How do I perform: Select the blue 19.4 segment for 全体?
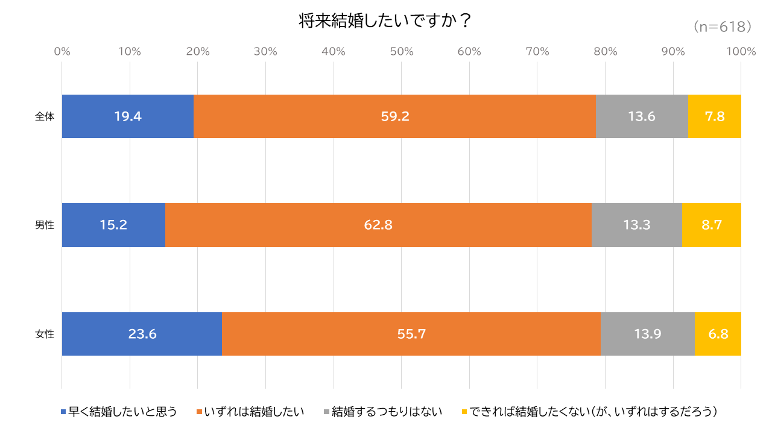pyautogui.click(x=128, y=116)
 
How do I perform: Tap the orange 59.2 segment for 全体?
pyautogui.click(x=394, y=116)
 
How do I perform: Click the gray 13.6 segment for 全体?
pyautogui.click(x=642, y=116)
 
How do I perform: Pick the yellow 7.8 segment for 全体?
pyautogui.click(x=715, y=116)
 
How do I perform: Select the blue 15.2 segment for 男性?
pyautogui.click(x=113, y=225)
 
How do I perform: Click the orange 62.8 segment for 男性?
pyautogui.click(x=378, y=225)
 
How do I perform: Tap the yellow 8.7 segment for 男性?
pyautogui.click(x=712, y=225)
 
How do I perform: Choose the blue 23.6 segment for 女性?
pyautogui.click(x=142, y=334)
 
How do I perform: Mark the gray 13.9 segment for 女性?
pyautogui.click(x=648, y=334)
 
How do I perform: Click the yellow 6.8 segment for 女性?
pyautogui.click(x=718, y=334)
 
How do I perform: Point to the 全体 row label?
pyautogui.click(x=45, y=116)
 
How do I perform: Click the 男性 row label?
pyautogui.click(x=45, y=225)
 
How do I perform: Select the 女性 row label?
pyautogui.click(x=45, y=334)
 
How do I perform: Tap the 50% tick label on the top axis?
pyautogui.click(x=401, y=52)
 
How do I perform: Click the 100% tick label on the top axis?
pyautogui.click(x=741, y=52)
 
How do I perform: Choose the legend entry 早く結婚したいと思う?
pyautogui.click(x=122, y=412)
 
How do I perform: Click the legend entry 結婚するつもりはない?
pyautogui.click(x=387, y=412)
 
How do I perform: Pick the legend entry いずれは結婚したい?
pyautogui.click(x=254, y=412)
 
